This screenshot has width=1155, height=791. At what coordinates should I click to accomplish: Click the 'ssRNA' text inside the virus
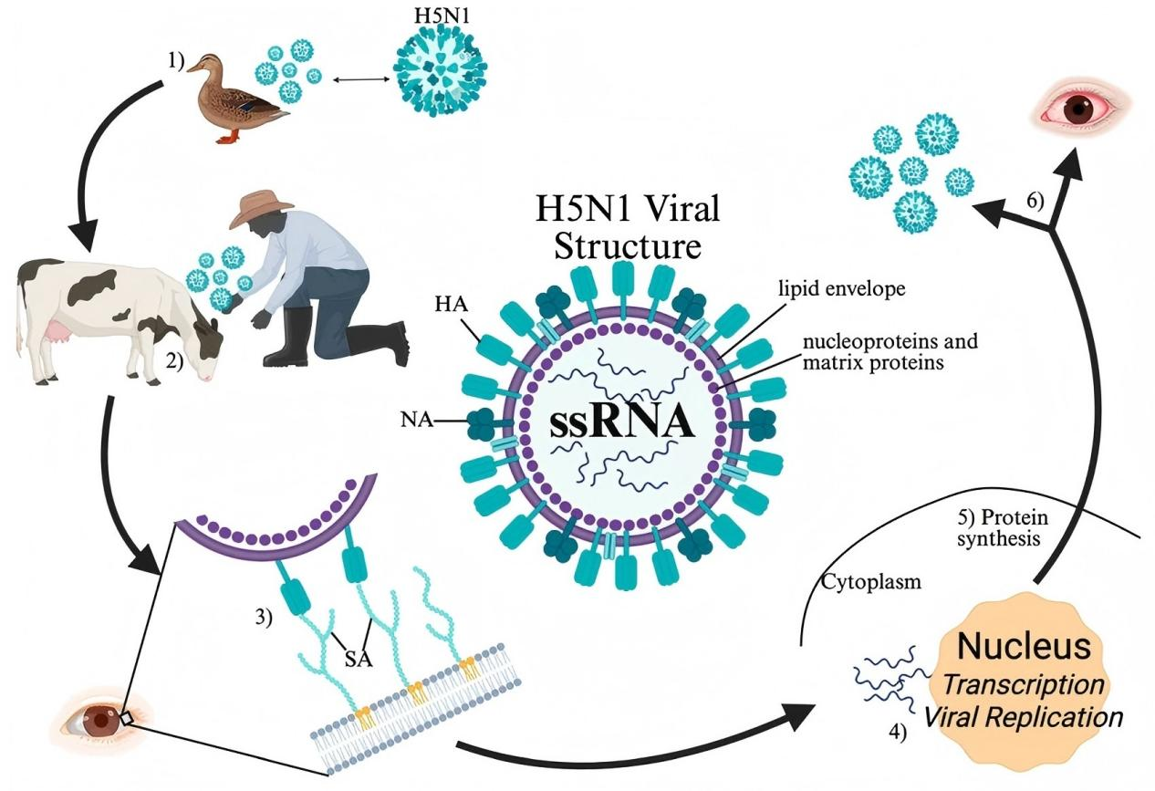pyautogui.click(x=621, y=424)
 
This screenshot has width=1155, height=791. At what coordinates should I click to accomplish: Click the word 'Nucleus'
pyautogui.click(x=1024, y=647)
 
